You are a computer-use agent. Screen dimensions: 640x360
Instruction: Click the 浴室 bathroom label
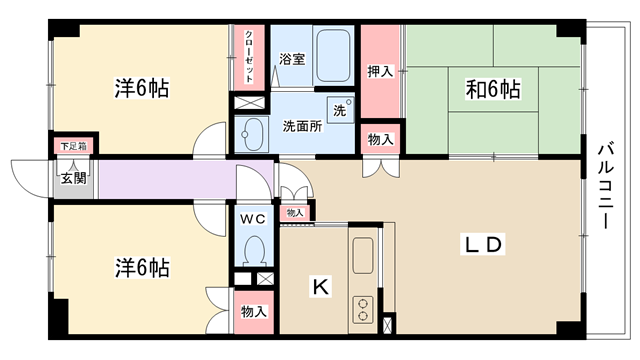pyautogui.click(x=292, y=59)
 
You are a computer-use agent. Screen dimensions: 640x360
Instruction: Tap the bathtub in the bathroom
pyautogui.click(x=333, y=56)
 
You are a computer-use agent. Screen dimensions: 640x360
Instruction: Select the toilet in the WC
pyautogui.click(x=254, y=251)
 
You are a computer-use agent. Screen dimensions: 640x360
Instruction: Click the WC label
pyautogui.click(x=253, y=219)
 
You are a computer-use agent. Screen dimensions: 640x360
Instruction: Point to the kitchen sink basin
pyautogui.click(x=363, y=256)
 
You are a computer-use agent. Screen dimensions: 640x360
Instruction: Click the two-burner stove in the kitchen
pyautogui.click(x=363, y=309)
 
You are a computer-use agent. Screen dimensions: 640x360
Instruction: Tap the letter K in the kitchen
pyautogui.click(x=321, y=286)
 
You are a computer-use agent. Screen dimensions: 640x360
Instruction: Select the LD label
pyautogui.click(x=483, y=244)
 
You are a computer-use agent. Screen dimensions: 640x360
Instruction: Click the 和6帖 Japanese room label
pyautogui.click(x=493, y=89)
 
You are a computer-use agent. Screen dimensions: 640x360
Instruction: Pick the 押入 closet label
pyautogui.click(x=380, y=71)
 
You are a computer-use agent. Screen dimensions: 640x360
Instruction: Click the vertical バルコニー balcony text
pyautogui.click(x=606, y=185)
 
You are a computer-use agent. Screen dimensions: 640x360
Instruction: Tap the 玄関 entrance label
pyautogui.click(x=74, y=178)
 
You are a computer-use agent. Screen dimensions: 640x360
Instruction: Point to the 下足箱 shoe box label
pyautogui.click(x=73, y=146)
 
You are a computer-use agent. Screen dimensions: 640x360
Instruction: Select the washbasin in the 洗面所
pyautogui.click(x=251, y=134)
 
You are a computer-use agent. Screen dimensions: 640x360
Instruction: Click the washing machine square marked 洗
pyautogui.click(x=340, y=109)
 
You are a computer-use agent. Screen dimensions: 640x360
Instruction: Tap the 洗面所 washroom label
pyautogui.click(x=302, y=126)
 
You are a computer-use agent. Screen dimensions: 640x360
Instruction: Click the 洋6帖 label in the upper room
pyautogui.click(x=142, y=88)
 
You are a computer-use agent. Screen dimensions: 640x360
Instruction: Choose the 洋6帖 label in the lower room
pyautogui.click(x=142, y=268)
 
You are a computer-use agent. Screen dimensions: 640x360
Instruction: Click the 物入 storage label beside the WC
pyautogui.click(x=253, y=311)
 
